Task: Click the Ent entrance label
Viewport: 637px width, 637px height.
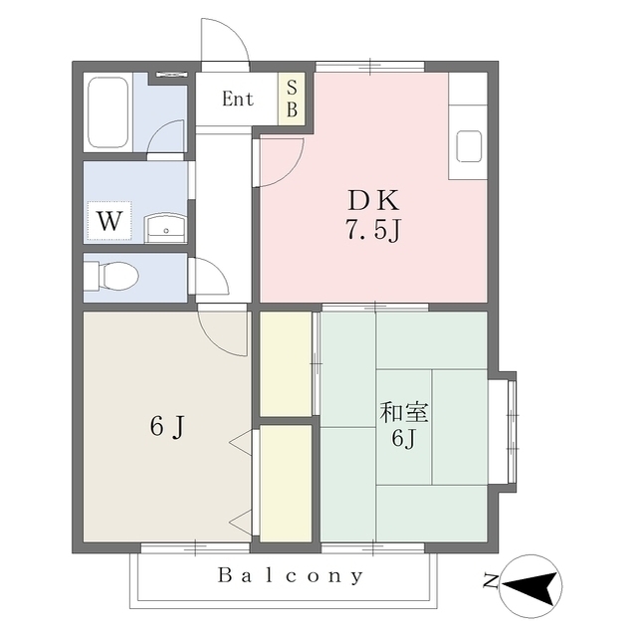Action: (238, 99)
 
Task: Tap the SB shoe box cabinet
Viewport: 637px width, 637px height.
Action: (292, 99)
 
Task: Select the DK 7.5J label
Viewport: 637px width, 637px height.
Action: (373, 215)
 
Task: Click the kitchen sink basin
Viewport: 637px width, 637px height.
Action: (469, 146)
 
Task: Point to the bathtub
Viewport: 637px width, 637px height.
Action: (108, 112)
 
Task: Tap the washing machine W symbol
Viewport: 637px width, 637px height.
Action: (109, 221)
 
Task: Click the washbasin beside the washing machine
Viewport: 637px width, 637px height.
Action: (166, 228)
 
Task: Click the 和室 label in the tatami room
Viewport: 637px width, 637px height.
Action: (403, 412)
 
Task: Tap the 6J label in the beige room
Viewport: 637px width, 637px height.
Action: (167, 427)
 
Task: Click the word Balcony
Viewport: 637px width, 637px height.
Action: (290, 575)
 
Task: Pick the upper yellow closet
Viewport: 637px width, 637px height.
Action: (286, 363)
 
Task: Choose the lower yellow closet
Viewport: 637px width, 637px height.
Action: (286, 484)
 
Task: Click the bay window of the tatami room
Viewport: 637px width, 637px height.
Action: (503, 432)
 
